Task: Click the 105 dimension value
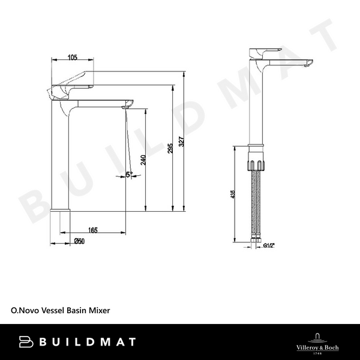[x=72, y=58]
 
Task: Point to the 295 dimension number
[x=170, y=148]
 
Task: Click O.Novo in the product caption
[x=25, y=311]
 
